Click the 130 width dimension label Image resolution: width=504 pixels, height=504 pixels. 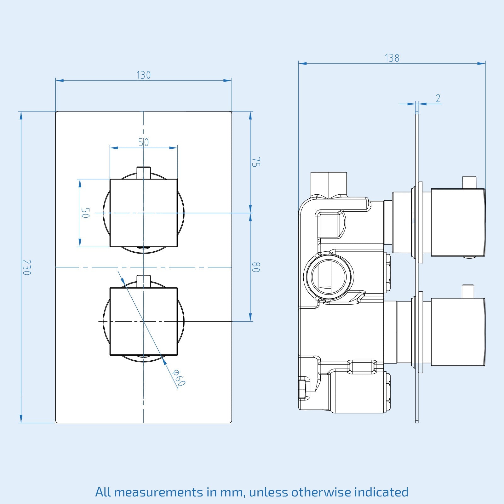[x=143, y=75]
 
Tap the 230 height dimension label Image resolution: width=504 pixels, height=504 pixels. [x=26, y=267]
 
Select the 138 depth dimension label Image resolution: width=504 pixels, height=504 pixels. [x=392, y=58]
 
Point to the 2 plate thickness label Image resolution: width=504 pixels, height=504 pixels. [x=438, y=99]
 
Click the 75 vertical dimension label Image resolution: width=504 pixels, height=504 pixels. [x=256, y=162]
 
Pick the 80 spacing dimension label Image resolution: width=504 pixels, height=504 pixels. [x=256, y=267]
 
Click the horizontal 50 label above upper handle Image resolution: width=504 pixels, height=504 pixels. [x=143, y=142]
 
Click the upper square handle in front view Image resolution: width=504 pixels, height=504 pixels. [x=143, y=213]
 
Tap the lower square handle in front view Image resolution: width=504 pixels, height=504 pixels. [x=143, y=321]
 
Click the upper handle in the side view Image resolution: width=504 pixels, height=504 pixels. [x=457, y=222]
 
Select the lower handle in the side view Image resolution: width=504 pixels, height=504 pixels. [x=457, y=332]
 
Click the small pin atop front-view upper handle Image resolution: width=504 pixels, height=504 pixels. [x=144, y=172]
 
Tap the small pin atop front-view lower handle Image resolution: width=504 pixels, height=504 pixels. [x=144, y=281]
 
